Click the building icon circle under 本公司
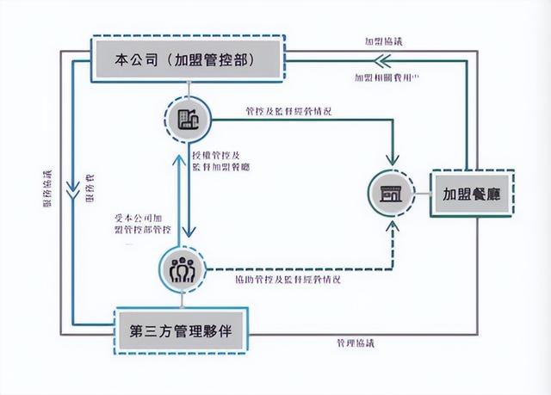pos(187,118)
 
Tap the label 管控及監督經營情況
pos(288,111)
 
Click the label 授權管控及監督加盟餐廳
pos(220,157)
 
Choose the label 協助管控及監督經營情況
pos(287,280)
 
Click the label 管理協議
pos(356,343)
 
